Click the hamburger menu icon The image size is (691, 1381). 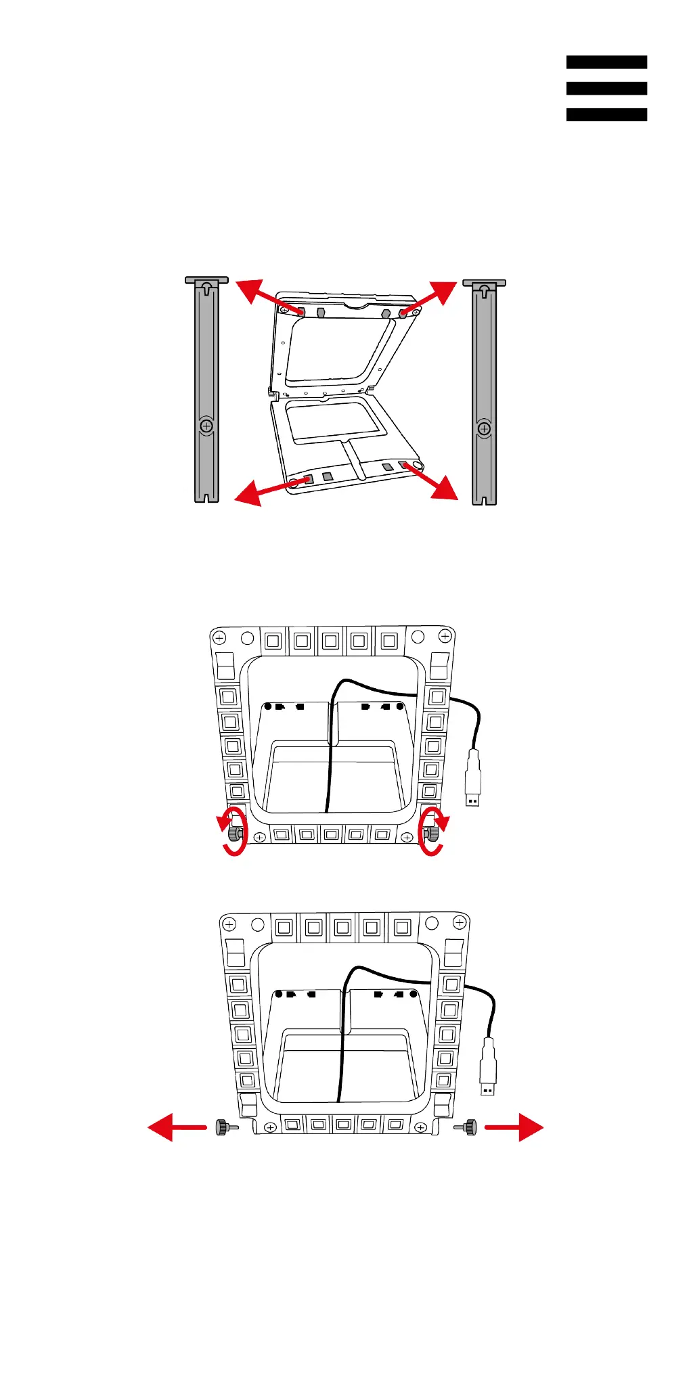[x=606, y=88]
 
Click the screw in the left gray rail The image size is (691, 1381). [x=206, y=426]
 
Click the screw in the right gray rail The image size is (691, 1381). [x=484, y=429]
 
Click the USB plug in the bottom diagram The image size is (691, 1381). [x=488, y=1068]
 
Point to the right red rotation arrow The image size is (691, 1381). [x=432, y=831]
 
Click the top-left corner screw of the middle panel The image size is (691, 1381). [x=219, y=637]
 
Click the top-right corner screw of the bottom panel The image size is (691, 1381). [x=460, y=923]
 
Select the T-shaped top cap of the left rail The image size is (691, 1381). [x=206, y=280]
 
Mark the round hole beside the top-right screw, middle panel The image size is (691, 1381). [x=418, y=637]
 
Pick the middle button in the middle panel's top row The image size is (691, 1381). [x=331, y=640]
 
